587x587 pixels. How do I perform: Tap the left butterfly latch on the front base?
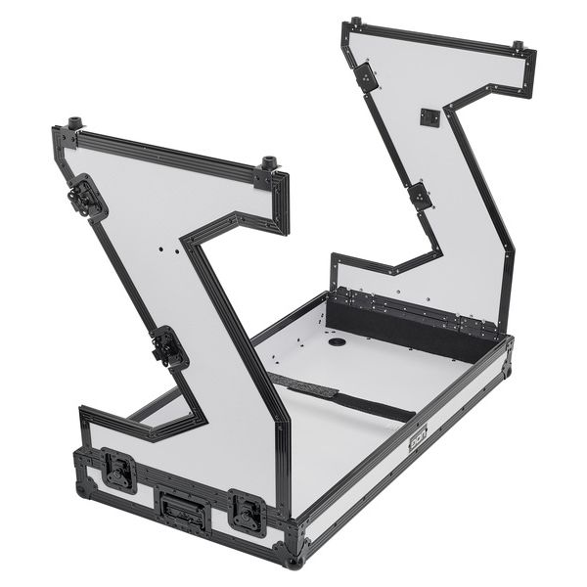pos(119,471)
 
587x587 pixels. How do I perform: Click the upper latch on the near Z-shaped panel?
pos(88,199)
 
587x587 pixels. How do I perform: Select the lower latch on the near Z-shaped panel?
pos(169,347)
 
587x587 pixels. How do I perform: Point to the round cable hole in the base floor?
pos(337,342)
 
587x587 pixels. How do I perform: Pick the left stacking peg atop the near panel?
pos(74,126)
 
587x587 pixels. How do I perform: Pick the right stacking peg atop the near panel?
pos(267,163)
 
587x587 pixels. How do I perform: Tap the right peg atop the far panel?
pos(517,46)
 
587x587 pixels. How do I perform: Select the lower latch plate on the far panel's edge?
pos(420,195)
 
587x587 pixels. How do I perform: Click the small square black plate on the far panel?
pos(429,117)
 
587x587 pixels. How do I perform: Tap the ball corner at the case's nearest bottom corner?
pos(294,560)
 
